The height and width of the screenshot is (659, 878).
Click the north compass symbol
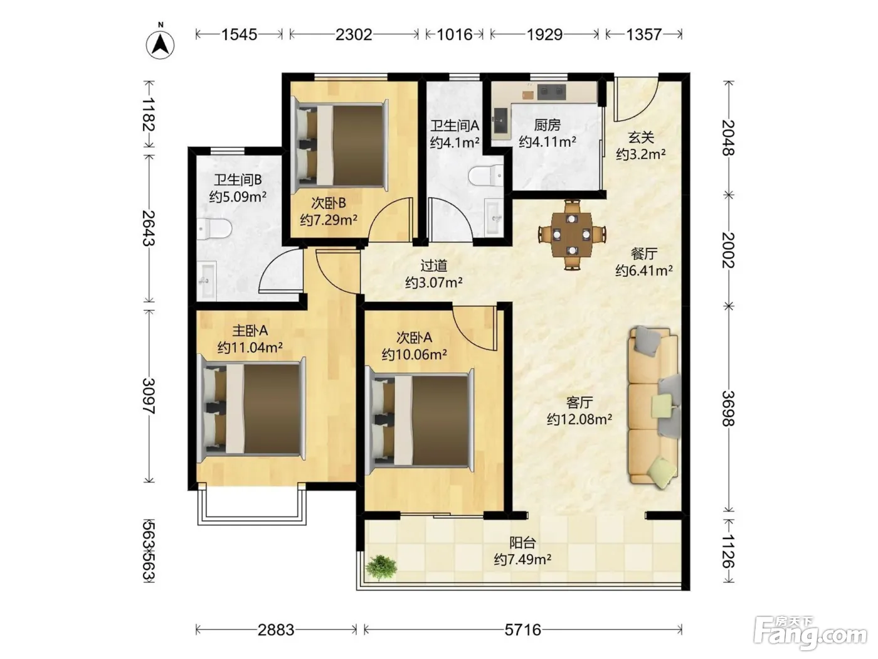(160, 45)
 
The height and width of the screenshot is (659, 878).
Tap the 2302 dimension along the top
(354, 35)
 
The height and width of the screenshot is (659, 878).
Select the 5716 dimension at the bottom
(522, 630)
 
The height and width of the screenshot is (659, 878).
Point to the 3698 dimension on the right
(729, 408)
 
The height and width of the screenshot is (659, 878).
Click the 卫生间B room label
(238, 179)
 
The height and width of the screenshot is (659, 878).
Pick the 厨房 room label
(547, 126)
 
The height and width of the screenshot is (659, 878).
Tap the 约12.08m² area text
(579, 419)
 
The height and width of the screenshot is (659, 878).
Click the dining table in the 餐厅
(572, 235)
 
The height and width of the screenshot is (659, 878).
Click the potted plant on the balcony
(381, 567)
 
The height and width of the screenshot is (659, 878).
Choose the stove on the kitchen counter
(552, 92)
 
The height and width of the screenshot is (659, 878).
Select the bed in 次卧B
(341, 145)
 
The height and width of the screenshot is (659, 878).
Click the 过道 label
(433, 265)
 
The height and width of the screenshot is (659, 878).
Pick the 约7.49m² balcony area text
(522, 559)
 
